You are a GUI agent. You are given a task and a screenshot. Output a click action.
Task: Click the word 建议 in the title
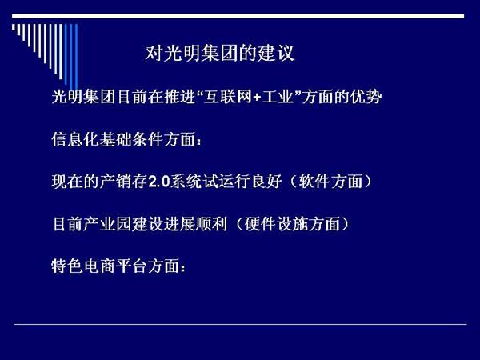pos(275,54)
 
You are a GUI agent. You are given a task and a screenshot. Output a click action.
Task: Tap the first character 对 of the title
pos(154,54)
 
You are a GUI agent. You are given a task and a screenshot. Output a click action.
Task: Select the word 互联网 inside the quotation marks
pos(228,97)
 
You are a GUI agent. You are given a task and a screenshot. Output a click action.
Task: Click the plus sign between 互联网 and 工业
pos(257,98)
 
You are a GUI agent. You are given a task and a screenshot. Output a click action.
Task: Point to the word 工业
pos(278,97)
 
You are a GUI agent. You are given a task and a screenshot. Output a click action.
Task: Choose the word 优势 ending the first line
pos(366,97)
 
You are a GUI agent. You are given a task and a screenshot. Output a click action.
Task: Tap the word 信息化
pos(75,139)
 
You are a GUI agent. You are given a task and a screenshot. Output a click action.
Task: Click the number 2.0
pos(159,182)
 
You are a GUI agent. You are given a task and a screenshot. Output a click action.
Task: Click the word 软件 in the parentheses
pos(314,182)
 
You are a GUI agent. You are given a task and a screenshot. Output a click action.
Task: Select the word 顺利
pos(212,224)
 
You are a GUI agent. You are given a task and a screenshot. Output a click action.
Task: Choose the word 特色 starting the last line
pos(67,266)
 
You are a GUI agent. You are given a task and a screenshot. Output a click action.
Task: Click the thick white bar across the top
pos(238,16)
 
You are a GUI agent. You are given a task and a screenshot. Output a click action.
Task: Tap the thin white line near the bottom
pos(240,324)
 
